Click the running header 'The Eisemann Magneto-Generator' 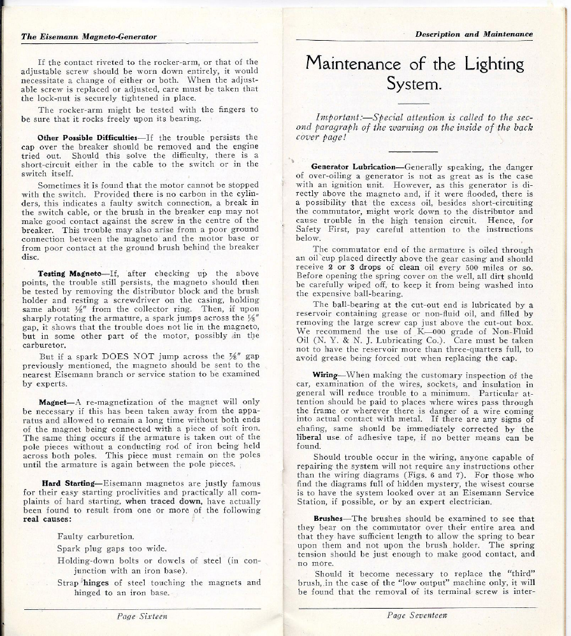click(89, 37)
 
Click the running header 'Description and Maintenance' click(473, 34)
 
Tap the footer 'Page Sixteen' click(142, 616)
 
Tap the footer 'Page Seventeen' click(417, 614)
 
